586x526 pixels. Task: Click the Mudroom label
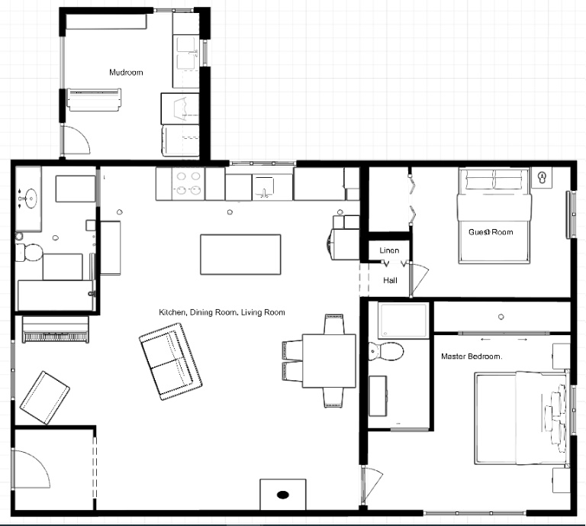tap(126, 73)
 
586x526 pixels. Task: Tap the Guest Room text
tap(491, 232)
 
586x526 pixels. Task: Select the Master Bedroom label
tap(472, 357)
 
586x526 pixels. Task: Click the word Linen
tap(389, 250)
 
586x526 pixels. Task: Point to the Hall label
tap(390, 280)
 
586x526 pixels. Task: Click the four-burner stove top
tap(188, 183)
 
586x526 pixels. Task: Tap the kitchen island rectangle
tap(240, 254)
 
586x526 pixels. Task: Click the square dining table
tap(329, 361)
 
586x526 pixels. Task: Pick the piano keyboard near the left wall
tap(56, 330)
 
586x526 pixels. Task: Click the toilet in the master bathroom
tap(386, 351)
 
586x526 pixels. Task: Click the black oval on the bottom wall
tap(283, 495)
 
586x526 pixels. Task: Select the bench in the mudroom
tap(94, 100)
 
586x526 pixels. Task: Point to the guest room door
tap(418, 279)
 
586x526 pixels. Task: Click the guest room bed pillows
tap(494, 180)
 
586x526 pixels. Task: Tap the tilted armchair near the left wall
tap(44, 398)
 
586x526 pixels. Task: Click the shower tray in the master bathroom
tap(403, 321)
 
